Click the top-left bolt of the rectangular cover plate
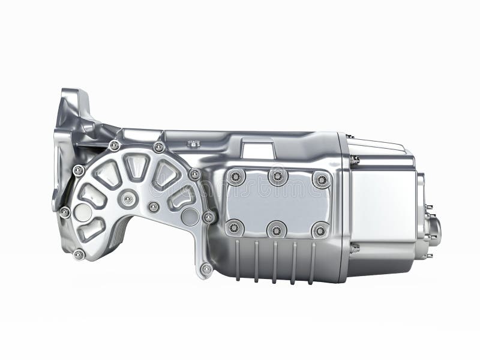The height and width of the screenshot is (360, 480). point(235,177)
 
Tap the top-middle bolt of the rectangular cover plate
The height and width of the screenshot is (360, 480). point(277,176)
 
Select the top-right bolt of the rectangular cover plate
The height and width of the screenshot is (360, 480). point(321,179)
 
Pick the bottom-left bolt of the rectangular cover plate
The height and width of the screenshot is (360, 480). point(235,227)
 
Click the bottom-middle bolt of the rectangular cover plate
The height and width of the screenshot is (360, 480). point(277,229)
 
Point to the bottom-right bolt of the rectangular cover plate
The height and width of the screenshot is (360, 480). point(320,229)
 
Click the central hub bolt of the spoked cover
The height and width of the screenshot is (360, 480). point(128,199)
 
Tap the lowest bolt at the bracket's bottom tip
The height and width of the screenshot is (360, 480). point(206,269)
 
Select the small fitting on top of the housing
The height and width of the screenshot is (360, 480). point(193,143)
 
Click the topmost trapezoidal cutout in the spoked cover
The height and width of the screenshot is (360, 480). point(136,166)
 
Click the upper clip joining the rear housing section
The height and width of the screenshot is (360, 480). point(355,160)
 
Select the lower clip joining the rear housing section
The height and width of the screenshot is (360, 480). point(355,247)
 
